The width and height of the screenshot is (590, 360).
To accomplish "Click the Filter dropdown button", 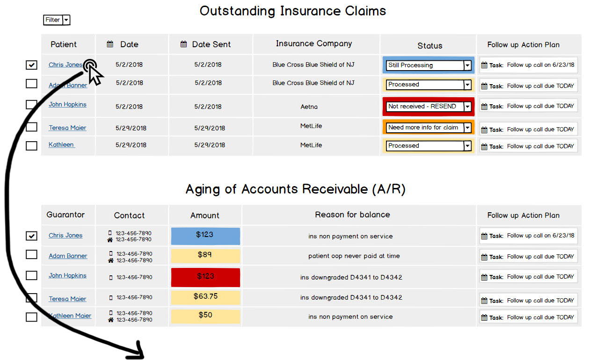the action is (57, 20).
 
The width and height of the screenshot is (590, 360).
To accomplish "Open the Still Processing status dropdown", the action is (429, 65).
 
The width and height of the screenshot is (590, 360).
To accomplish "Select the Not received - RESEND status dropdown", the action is (429, 107).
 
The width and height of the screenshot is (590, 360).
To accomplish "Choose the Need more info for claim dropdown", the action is (429, 128).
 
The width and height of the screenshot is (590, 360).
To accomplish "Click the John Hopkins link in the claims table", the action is (67, 104).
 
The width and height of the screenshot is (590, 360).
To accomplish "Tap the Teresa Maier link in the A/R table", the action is (67, 299).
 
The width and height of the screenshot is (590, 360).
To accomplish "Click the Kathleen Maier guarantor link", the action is (70, 316).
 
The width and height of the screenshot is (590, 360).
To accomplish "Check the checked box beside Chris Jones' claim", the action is (31, 65).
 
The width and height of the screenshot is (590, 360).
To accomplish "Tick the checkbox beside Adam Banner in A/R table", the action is (31, 254).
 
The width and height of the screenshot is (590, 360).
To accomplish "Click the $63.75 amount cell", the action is (205, 297).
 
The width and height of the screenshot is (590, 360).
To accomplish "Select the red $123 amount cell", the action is (205, 277).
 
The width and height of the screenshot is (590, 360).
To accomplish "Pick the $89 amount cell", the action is (205, 256).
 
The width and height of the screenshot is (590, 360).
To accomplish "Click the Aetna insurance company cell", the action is (309, 107).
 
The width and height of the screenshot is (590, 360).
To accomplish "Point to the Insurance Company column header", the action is (313, 43).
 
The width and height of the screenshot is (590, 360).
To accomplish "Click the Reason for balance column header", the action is (352, 215).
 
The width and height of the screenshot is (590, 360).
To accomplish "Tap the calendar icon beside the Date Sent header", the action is (183, 44).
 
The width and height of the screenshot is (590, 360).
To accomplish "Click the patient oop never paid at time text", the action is (354, 256).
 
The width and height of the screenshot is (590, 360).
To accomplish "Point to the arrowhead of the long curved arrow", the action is (139, 354).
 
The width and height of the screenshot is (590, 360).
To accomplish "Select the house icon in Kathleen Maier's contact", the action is (110, 320).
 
